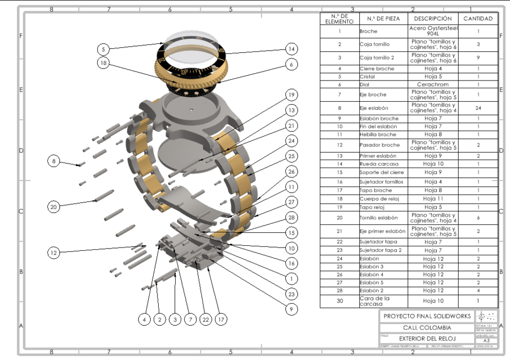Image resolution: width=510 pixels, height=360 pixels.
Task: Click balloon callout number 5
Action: [104, 49]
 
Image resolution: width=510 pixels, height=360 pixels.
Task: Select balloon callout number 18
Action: [102, 63]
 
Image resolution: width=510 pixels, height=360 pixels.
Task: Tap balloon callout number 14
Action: [290, 49]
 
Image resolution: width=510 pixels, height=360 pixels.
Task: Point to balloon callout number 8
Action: [54, 161]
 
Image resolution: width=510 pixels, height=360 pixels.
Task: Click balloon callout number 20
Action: [53, 206]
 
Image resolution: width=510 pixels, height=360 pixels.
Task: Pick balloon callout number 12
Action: [53, 253]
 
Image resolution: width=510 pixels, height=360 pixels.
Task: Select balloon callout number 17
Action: [221, 319]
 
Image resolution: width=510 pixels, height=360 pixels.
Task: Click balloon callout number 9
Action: [290, 308]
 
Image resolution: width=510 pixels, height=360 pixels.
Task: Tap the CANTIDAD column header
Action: [478, 19]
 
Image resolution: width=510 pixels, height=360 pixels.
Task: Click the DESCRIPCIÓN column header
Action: [433, 19]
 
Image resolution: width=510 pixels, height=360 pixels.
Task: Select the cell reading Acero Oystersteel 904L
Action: [433, 31]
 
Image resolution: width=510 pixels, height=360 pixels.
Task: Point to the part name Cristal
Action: [369, 76]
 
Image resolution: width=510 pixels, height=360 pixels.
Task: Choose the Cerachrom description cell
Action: [433, 84]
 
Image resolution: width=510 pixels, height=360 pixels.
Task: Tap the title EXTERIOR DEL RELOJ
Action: [427, 339]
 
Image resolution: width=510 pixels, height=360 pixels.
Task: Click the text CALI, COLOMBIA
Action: [427, 327]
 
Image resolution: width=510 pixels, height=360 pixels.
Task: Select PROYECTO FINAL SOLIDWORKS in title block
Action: [427, 316]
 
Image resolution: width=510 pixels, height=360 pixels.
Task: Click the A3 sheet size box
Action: [486, 340]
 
